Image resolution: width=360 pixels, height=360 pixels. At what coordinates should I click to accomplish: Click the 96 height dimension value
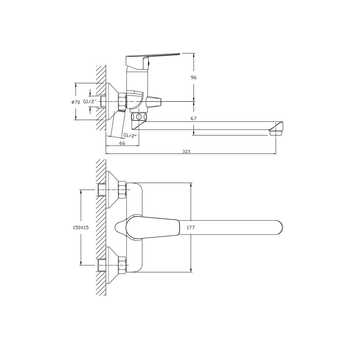[x=194, y=78]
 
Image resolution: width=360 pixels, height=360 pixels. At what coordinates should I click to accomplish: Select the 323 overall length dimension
[x=186, y=151]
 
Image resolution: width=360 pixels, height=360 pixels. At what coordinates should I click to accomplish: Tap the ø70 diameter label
[x=76, y=102]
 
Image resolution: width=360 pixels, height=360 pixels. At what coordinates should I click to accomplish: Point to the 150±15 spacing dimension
[x=81, y=228]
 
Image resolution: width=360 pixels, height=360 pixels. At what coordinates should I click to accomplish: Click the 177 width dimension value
[x=190, y=228]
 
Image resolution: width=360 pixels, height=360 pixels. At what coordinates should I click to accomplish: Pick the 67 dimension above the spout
[x=194, y=118]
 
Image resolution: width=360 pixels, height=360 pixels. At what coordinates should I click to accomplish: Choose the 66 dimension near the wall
[x=122, y=143]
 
